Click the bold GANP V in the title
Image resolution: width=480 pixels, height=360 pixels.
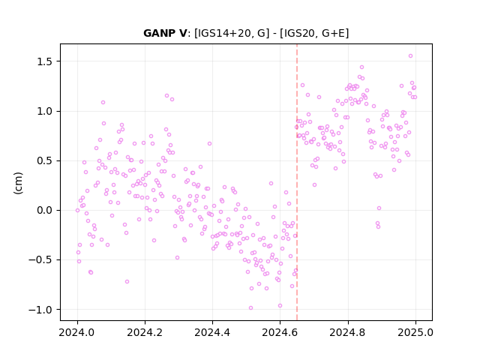point(165,33)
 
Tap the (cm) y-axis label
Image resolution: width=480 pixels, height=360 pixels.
point(18,183)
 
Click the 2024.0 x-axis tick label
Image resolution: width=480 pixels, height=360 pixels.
point(77,332)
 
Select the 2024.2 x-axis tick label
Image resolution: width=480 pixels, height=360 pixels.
point(145,332)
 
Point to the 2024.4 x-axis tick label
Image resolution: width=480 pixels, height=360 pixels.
point(212,332)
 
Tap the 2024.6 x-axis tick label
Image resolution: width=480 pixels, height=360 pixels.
point(280,332)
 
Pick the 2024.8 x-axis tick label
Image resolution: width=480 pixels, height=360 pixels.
point(347,332)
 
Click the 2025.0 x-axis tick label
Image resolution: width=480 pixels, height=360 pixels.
point(415,332)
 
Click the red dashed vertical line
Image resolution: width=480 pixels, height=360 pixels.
point(297,182)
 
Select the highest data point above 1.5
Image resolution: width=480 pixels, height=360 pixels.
point(410,56)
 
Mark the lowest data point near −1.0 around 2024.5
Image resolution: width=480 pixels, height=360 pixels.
point(250,308)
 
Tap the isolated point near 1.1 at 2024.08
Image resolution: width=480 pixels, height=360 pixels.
point(103,103)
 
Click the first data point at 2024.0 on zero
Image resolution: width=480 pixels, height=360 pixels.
point(77,210)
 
